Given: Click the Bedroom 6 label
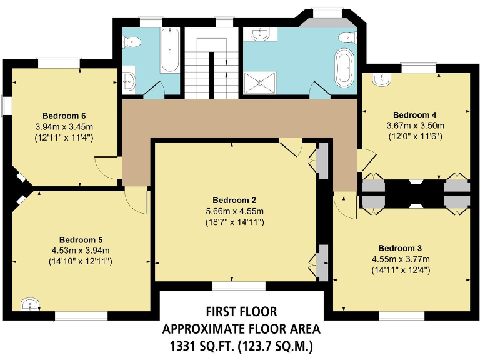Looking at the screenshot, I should tap(64, 116).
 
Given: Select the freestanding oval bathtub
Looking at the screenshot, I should tap(344, 67).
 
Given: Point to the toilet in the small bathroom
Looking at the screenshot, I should tap(132, 41).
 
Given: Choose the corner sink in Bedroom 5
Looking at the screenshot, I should tap(29, 305).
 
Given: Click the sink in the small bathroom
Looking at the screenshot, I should tap(129, 81).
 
